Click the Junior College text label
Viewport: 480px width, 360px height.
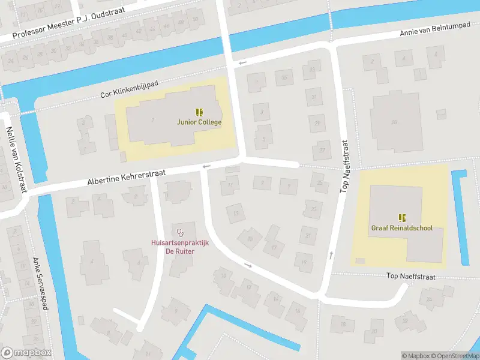[199, 122]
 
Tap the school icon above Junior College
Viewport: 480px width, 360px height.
[199, 112]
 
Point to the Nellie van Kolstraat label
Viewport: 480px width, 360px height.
[16, 159]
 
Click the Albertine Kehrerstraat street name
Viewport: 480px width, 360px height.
[126, 176]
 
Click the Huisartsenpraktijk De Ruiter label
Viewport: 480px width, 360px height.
[178, 247]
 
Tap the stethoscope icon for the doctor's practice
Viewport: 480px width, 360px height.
[179, 232]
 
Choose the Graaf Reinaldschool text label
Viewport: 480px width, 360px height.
[401, 229]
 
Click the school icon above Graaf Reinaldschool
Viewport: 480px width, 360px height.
[401, 217]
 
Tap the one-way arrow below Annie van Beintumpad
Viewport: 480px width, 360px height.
[242, 62]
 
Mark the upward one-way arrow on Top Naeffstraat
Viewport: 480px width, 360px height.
[331, 256]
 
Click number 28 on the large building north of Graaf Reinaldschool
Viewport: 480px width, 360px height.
[394, 122]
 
